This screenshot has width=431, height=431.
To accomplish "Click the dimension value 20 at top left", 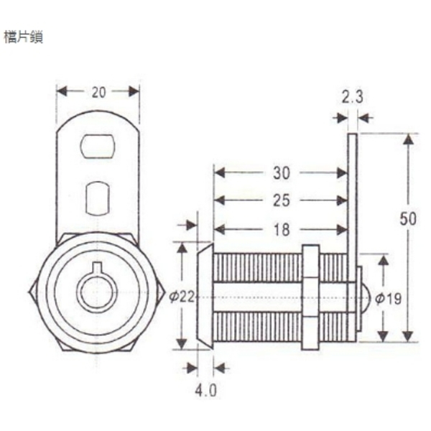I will (x=98, y=91).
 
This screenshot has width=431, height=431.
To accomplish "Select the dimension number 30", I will (x=282, y=173).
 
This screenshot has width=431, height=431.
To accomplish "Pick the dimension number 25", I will (x=282, y=200).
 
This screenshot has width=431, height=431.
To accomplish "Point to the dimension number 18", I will (x=282, y=230).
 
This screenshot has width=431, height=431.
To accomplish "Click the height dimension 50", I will (x=408, y=220).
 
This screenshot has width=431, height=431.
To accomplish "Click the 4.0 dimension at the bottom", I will (x=206, y=391).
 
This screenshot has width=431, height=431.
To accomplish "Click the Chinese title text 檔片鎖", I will (x=24, y=37).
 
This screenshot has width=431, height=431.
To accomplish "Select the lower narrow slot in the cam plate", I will (x=98, y=198).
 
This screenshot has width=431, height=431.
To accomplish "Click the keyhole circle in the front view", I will (x=97, y=292).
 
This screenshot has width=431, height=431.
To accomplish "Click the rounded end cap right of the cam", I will (x=365, y=297).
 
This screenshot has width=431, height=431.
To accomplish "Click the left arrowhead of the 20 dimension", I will (x=62, y=91).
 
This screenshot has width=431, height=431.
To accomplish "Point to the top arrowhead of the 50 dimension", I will (x=408, y=139).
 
